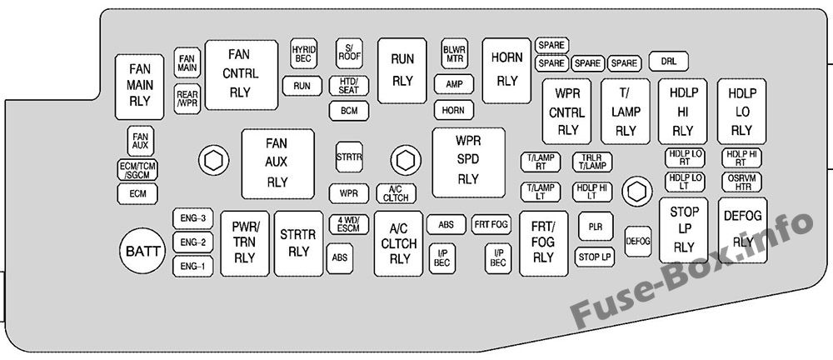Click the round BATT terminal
coord(142,251)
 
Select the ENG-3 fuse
coord(193,218)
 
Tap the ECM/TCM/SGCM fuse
coord(137,170)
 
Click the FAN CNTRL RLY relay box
coord(242,75)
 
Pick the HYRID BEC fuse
coord(303,53)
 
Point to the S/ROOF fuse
coord(350,53)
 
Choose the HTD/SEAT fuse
coord(349,86)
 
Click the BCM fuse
coord(349,111)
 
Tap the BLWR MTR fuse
coord(455,53)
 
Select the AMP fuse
coord(454,84)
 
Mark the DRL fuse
coord(669,61)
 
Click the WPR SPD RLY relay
coord(468,162)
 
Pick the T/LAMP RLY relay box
coord(626,112)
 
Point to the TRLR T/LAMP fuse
coord(592,162)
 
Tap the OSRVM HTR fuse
coord(741,182)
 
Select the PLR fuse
coord(596,227)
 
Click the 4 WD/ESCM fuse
coord(349,224)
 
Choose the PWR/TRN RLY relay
coord(245,243)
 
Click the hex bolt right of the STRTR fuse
coord(406,159)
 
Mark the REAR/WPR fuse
coord(187,99)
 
